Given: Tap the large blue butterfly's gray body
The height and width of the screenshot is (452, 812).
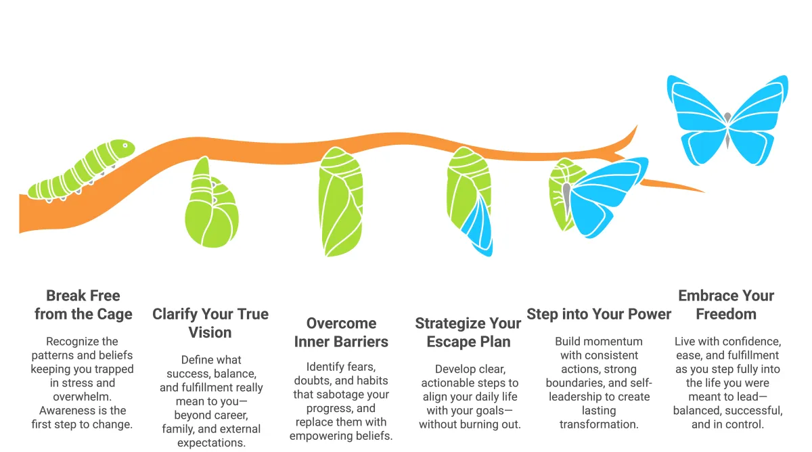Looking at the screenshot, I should click(727, 128).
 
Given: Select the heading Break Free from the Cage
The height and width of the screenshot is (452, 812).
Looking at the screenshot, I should click(83, 304).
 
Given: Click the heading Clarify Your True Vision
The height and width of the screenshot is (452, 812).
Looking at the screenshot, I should click(210, 323).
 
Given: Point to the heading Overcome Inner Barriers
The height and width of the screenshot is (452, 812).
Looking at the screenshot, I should click(341, 332).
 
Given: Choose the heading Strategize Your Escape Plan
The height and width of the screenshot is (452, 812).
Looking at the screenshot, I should click(468, 332).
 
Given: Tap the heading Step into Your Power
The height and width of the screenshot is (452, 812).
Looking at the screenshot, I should click(599, 314).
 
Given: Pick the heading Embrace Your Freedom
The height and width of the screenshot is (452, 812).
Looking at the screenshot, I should click(726, 304).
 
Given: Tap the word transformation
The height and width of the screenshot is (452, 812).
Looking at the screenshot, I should click(598, 424).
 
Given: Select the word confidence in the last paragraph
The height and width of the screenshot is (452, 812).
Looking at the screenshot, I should click(746, 342).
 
